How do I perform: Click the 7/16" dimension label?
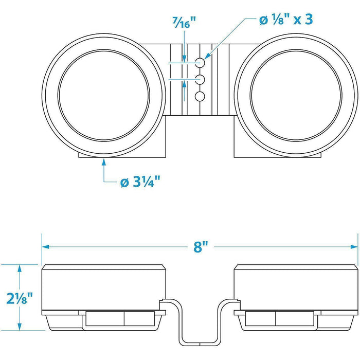pos(184,23)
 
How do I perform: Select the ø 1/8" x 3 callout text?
pos(286,20)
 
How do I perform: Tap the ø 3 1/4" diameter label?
pos(140,182)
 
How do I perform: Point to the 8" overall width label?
pos(201,247)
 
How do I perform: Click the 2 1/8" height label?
pos(20,298)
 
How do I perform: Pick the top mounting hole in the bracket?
pos(200,62)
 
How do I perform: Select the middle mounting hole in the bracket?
pos(200,79)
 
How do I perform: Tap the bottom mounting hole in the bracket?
pos(200,97)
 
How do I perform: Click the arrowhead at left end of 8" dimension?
pos(45,247)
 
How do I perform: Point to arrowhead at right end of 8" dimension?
pos(354,247)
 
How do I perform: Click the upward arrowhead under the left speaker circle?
pos(104,162)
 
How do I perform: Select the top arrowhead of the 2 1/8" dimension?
pos(20,268)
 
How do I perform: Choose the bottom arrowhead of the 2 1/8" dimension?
pos(20,327)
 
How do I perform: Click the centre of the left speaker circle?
pos(104,95)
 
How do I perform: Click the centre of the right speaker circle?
pos(296,95)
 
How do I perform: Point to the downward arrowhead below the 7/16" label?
pos(184,59)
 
